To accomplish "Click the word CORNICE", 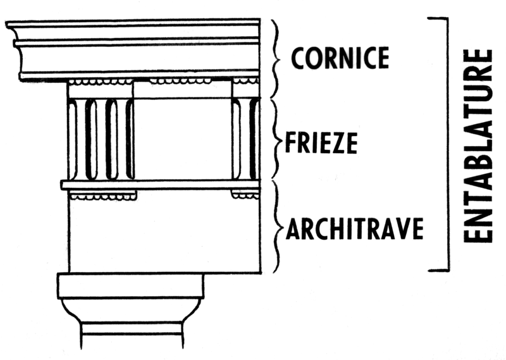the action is (340, 58).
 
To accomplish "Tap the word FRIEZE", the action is (321, 143).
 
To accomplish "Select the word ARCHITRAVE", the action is (355, 228).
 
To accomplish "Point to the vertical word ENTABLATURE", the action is (478, 146).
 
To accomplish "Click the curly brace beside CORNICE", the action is (275, 59).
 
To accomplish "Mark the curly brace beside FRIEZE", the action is (276, 139).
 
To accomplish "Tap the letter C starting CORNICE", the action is (299, 58).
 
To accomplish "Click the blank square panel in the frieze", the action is (183, 139).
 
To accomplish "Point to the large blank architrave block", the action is (164, 236).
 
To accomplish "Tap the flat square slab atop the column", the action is (130, 285).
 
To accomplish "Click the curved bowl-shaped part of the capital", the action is (130, 310).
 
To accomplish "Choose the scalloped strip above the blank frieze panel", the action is (180, 81).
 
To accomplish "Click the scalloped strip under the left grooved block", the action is (103, 196).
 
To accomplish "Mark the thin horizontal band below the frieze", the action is (161, 185).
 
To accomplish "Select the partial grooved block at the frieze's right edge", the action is (246, 139).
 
